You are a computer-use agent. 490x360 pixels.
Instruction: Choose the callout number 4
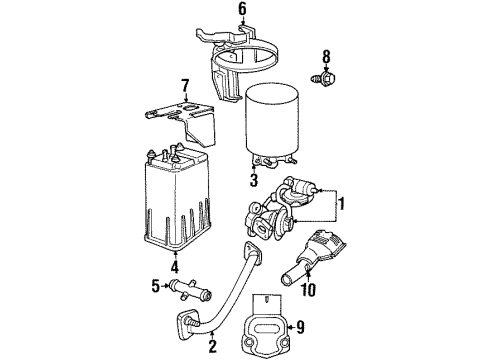click(x=176, y=267)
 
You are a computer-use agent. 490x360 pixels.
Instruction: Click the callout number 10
click(x=310, y=291)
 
